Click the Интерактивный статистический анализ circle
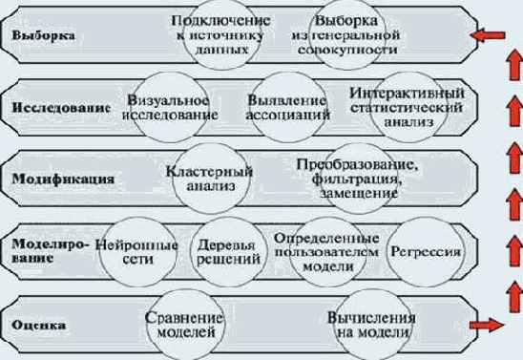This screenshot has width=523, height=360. tap(408, 107)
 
